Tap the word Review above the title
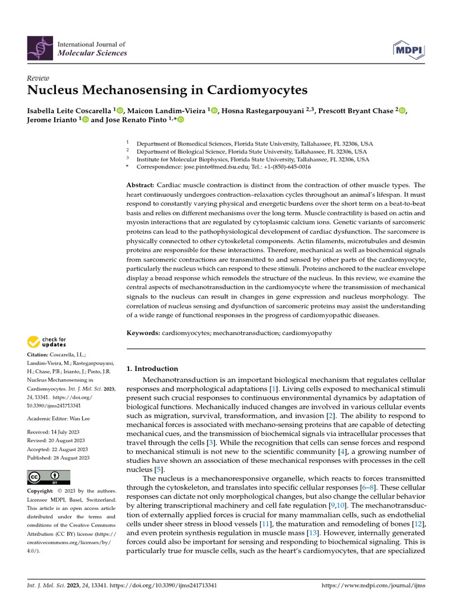[38, 78]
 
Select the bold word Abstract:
[141, 185]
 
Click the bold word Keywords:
[144, 333]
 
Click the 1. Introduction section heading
[153, 369]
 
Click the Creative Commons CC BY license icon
[49, 477]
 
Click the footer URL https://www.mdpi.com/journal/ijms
[372, 586]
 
